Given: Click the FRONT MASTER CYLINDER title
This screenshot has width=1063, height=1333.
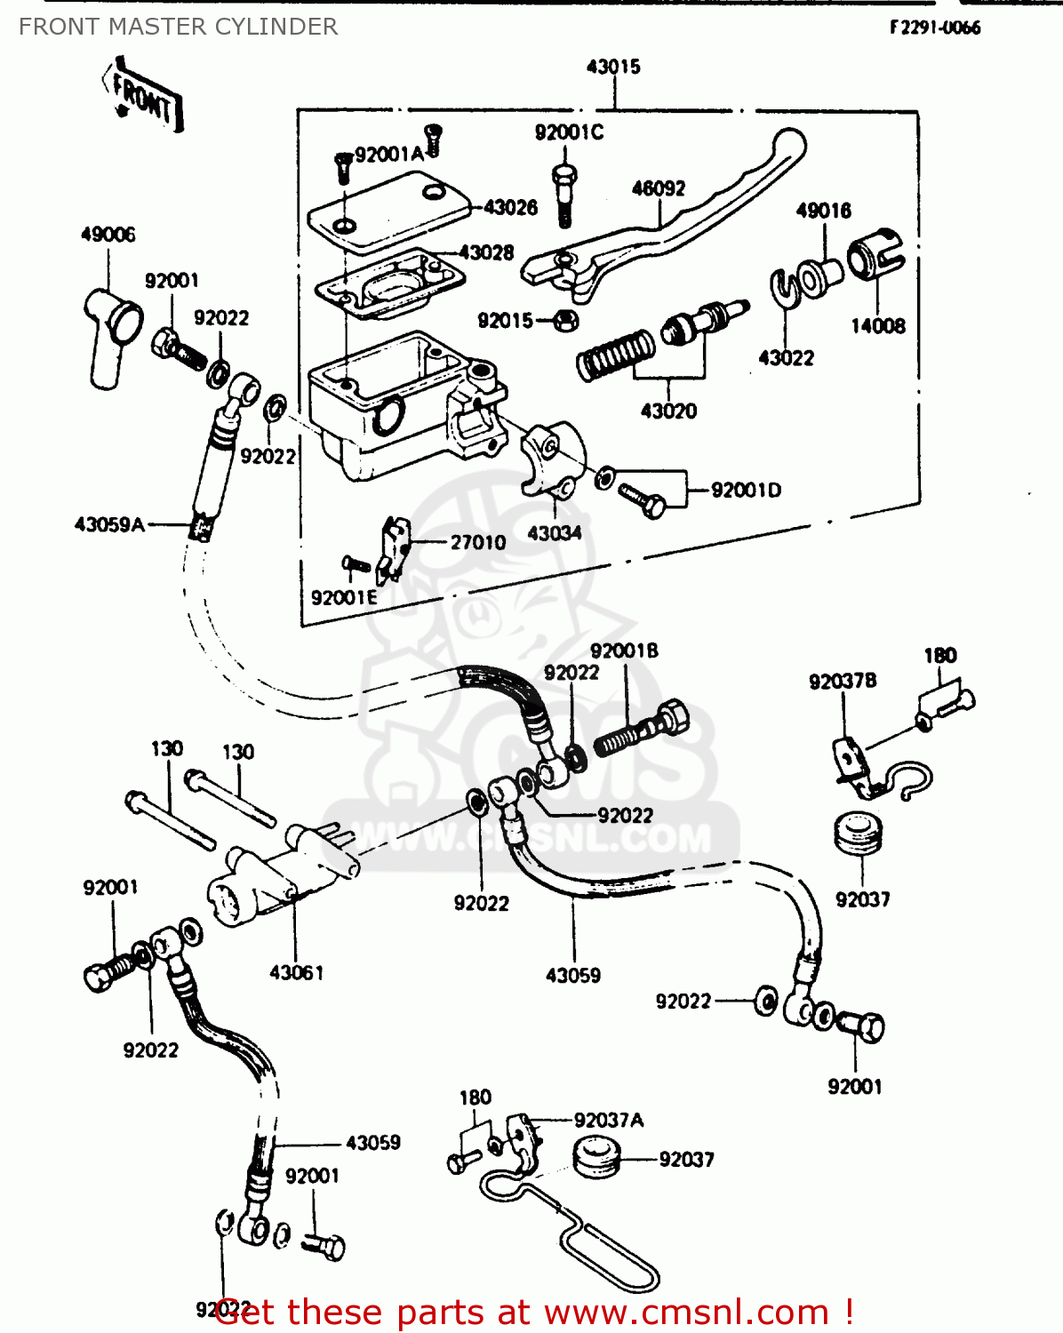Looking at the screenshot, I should coord(178,27).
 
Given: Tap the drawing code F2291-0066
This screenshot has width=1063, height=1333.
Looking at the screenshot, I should coord(935,28).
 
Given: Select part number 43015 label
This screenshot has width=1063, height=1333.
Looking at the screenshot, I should coord(613,67).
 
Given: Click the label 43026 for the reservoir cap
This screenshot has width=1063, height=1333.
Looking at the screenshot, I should coord(510,207).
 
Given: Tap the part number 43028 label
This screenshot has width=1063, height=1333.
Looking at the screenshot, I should coord(486,252).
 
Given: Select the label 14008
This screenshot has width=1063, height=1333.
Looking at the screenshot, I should coord(877,326).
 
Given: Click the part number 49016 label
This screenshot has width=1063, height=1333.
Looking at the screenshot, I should coord(823,211).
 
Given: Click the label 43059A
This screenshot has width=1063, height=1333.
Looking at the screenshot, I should coord(109,524).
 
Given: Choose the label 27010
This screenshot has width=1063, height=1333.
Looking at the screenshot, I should coord(477,542).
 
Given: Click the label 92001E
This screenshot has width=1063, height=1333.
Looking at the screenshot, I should coord(344,597).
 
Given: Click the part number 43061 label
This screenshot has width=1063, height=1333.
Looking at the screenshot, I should coord(296,972).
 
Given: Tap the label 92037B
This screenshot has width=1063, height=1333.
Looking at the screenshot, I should coord(842,681).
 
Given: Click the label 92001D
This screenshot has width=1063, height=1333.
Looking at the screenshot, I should coord(746,490).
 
